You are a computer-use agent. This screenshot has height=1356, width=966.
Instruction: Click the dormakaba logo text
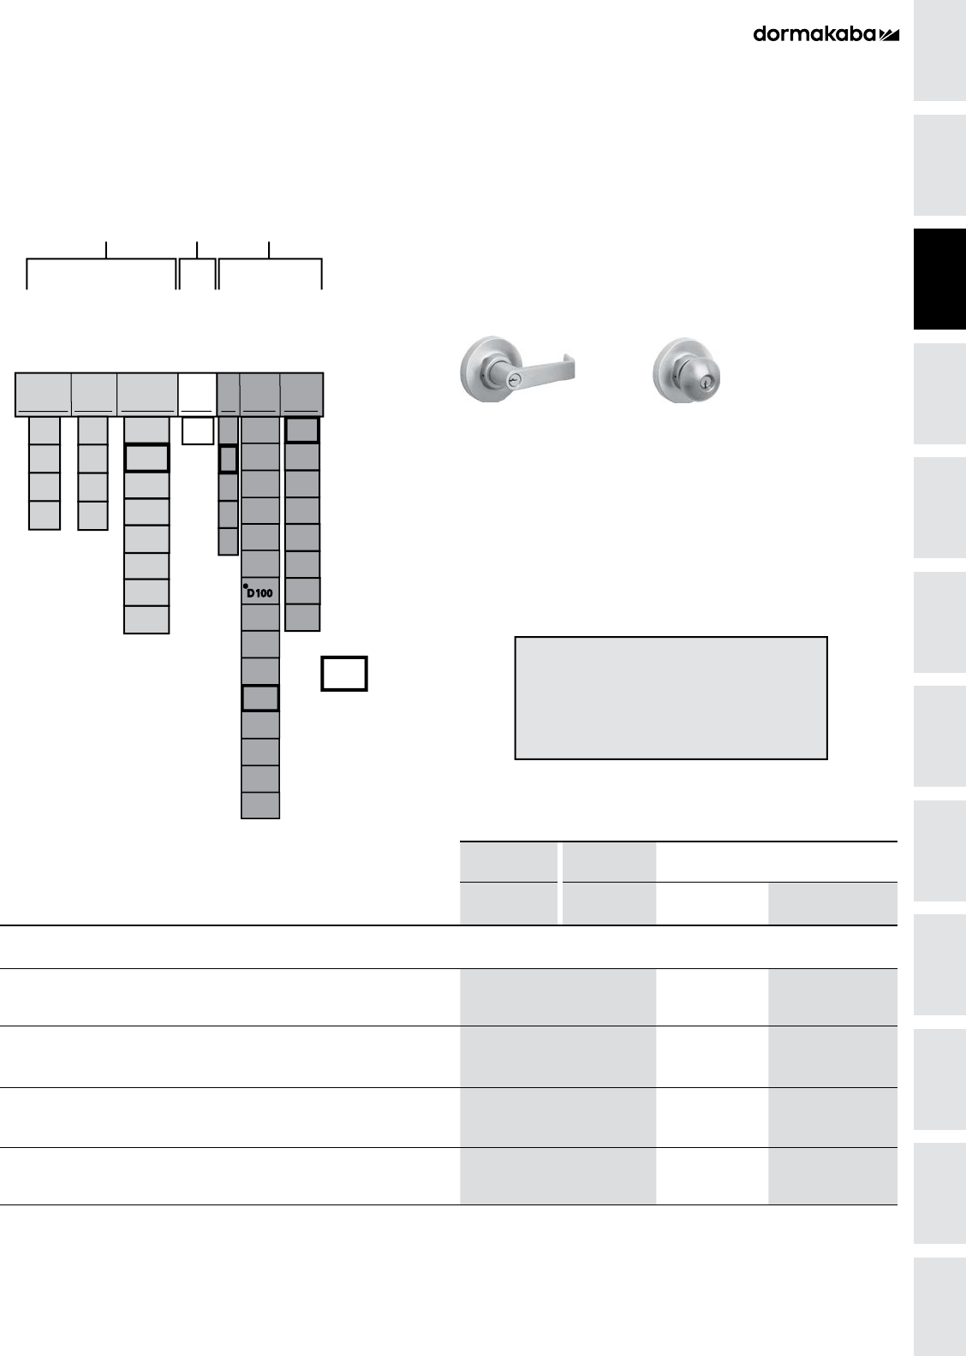pos(814,34)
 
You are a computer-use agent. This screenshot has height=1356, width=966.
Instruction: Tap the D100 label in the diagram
pos(259,592)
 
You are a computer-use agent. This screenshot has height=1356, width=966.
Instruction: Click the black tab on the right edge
pos(939,279)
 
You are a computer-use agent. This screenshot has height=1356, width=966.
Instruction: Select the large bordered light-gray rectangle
pos(671,697)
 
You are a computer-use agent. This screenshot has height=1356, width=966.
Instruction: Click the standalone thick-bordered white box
pos(344,673)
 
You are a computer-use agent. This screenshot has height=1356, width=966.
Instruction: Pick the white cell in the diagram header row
pos(197,394)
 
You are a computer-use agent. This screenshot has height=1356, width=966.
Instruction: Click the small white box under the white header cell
pos(198,431)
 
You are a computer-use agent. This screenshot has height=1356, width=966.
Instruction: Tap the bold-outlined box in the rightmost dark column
pos(302,430)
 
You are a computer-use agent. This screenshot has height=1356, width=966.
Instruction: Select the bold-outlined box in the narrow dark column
pos(228,459)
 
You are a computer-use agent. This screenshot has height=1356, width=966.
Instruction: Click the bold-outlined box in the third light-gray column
pos(146,458)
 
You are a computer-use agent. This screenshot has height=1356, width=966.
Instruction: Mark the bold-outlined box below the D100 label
pos(259,698)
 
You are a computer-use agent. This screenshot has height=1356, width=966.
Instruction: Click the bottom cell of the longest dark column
pos(259,806)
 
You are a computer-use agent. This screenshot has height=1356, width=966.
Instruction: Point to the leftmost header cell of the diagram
pos(43,394)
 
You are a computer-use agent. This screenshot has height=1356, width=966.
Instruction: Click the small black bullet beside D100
pos(245,586)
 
